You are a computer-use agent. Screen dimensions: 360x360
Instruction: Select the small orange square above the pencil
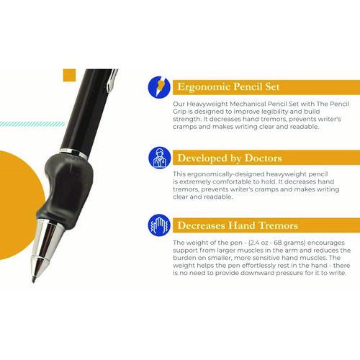coord(69,75)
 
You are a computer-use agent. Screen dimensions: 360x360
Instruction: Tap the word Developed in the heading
coord(201,157)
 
